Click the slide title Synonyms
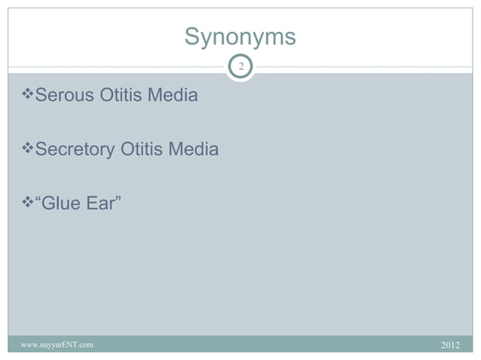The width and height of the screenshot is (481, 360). pyautogui.click(x=240, y=37)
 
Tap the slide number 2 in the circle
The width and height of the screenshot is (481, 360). pyautogui.click(x=240, y=68)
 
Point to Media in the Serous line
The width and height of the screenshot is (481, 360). pyautogui.click(x=174, y=96)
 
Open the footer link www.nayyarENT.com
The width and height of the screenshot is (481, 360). pyautogui.click(x=57, y=345)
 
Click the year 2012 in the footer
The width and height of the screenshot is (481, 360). pyautogui.click(x=449, y=345)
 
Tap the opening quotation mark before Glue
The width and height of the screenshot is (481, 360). pyautogui.click(x=39, y=200)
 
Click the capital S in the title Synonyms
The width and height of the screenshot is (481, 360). pyautogui.click(x=191, y=37)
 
